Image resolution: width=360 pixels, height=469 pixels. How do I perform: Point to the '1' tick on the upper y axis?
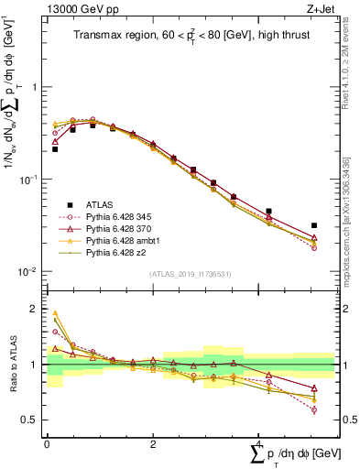point(36,87)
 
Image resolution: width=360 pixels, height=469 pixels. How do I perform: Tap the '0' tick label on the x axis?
point(46,443)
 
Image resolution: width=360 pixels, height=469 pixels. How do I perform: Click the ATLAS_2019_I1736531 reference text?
point(189,274)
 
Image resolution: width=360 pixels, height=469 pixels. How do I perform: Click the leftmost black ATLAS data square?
point(55,148)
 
